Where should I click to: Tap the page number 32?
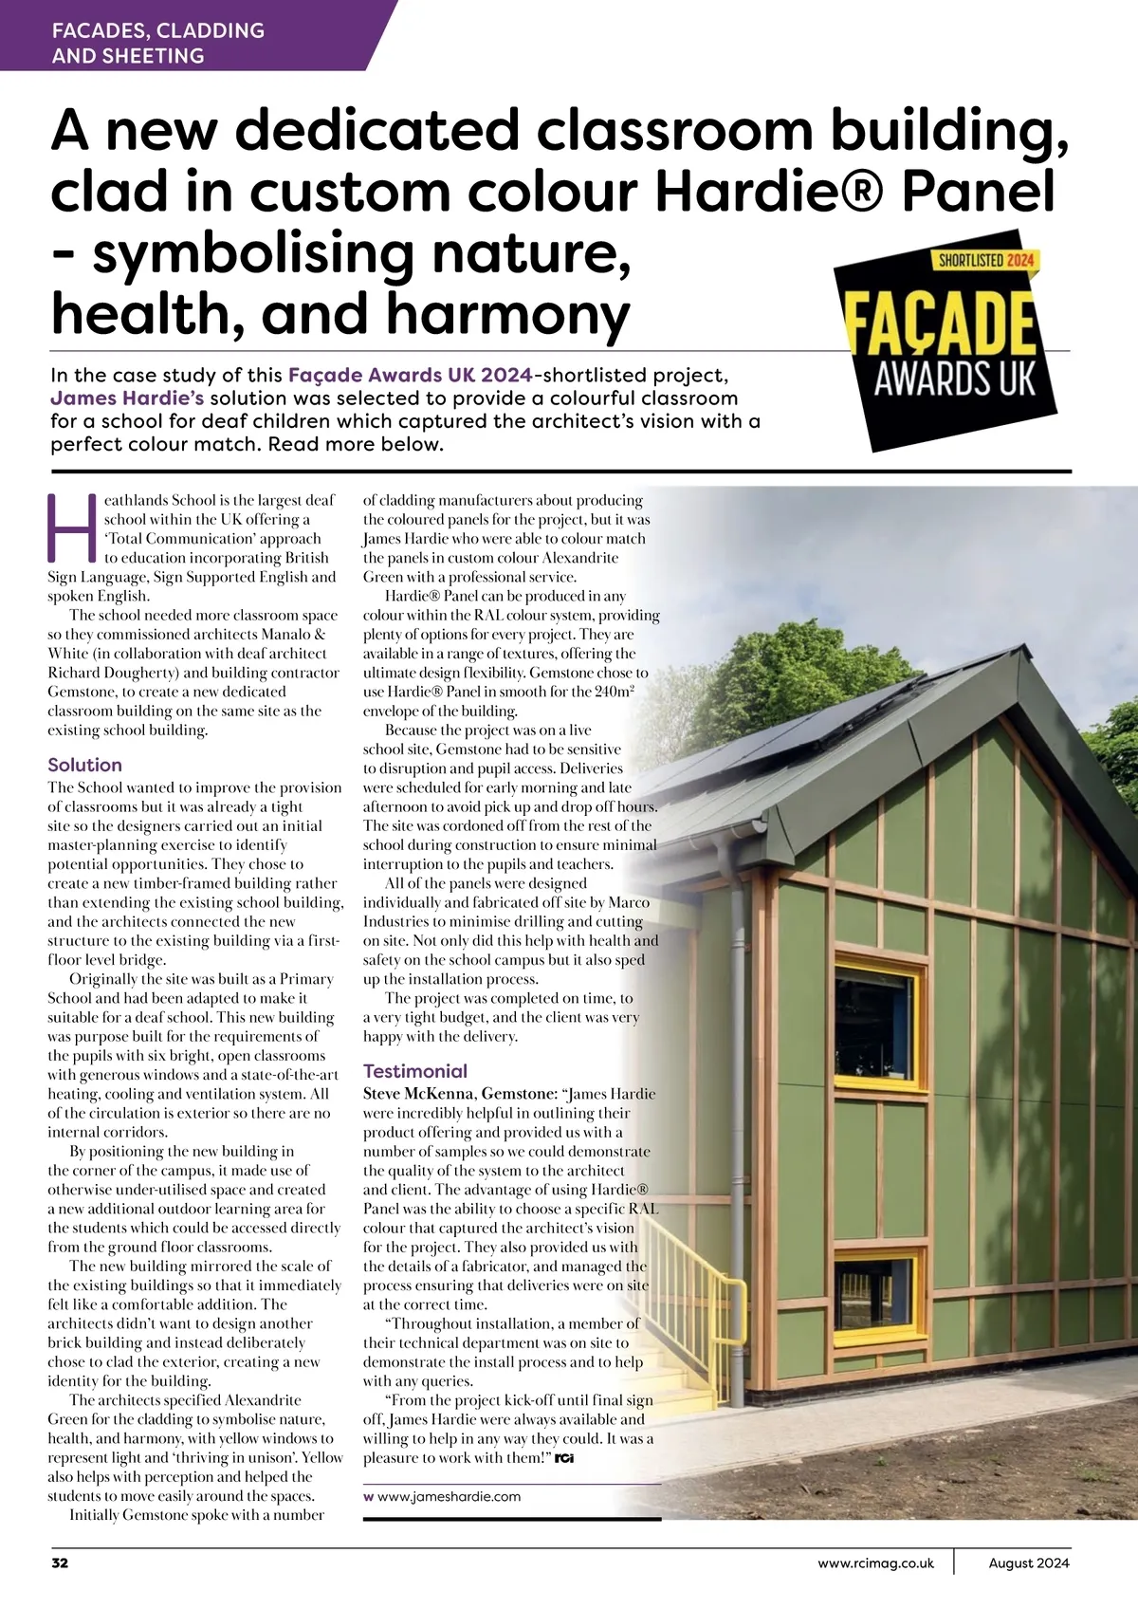[x=59, y=1563]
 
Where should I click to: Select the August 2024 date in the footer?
[x=1028, y=1563]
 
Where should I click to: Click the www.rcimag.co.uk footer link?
[x=875, y=1563]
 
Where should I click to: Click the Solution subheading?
[x=84, y=765]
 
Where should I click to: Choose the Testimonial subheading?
[x=415, y=1071]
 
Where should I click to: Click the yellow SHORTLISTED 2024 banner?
[x=987, y=259]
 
